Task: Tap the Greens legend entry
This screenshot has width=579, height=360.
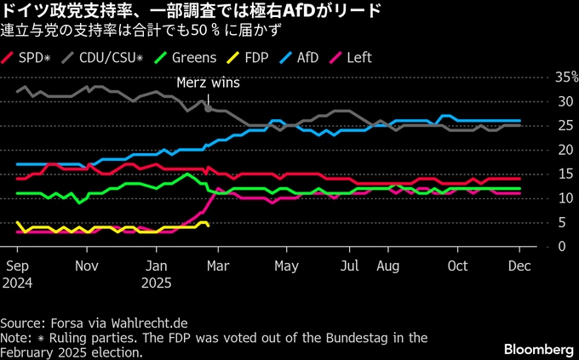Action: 186,58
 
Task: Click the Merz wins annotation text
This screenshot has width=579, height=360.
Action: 208,83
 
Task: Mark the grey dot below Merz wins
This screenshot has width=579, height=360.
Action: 208,109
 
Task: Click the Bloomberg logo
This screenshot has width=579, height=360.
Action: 538,349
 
